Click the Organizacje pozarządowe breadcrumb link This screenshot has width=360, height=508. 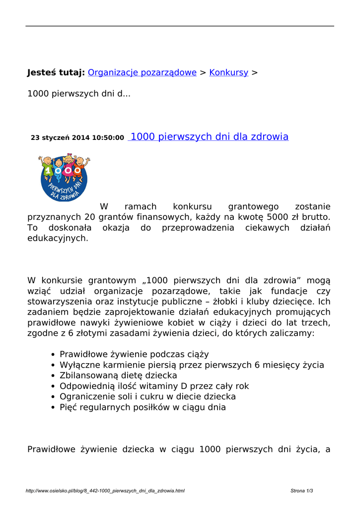click(x=142, y=72)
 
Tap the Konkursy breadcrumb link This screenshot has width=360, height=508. click(x=228, y=72)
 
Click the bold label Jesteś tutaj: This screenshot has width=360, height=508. click(x=56, y=72)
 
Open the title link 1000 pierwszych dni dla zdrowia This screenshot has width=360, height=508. click(x=209, y=137)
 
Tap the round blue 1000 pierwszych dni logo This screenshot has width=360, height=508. click(x=64, y=178)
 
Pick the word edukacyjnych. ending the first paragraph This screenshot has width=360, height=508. click(x=58, y=238)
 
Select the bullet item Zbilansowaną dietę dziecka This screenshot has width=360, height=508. click(x=118, y=376)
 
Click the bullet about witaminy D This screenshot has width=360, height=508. click(x=154, y=386)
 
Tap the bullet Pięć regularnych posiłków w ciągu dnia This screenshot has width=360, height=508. click(x=143, y=407)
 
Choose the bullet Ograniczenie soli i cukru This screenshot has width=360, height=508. click(x=147, y=397)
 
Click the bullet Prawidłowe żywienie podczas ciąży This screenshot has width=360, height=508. click(x=134, y=354)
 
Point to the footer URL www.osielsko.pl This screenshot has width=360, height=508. click(x=105, y=491)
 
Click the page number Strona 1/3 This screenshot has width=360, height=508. click(x=301, y=491)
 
